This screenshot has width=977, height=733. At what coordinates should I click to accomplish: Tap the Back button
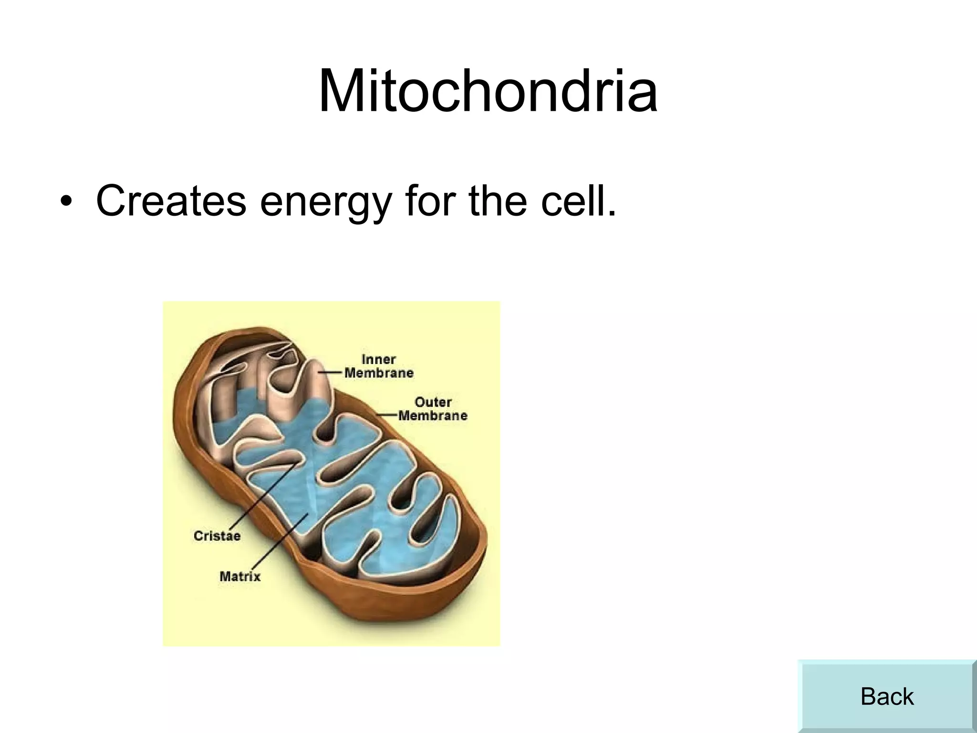pyautogui.click(x=886, y=696)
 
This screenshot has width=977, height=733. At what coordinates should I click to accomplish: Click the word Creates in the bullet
pyautogui.click(x=171, y=200)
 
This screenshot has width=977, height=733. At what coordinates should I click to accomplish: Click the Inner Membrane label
pyautogui.click(x=379, y=366)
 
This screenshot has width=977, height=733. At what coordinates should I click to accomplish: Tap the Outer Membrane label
pyautogui.click(x=433, y=409)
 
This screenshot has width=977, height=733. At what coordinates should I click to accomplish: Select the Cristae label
pyautogui.click(x=217, y=535)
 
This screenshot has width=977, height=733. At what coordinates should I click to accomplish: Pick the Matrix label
pyautogui.click(x=240, y=576)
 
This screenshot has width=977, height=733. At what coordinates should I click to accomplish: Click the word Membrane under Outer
pyautogui.click(x=433, y=416)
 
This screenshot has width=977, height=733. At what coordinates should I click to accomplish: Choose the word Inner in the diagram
pyautogui.click(x=379, y=359)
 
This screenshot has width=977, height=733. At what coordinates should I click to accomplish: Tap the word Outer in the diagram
pyautogui.click(x=433, y=402)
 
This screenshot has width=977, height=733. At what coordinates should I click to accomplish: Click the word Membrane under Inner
pyautogui.click(x=379, y=373)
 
